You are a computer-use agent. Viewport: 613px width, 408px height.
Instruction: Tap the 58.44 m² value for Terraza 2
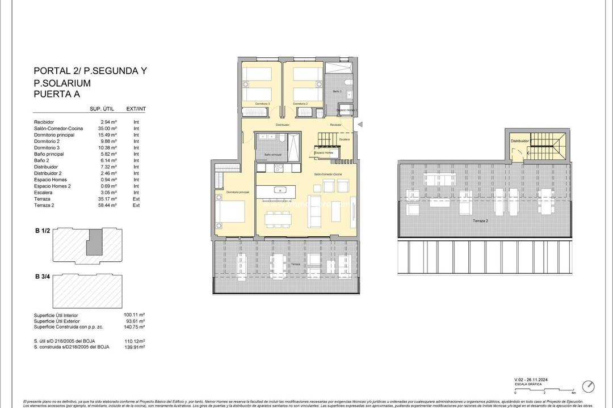(108, 205)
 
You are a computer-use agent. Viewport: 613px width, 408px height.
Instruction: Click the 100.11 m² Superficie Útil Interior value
(135, 315)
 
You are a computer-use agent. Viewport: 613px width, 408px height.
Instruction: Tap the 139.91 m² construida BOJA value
(135, 346)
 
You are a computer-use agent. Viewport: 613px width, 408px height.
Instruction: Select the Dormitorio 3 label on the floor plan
(262, 104)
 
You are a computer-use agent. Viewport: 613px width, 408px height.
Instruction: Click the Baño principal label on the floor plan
(272, 155)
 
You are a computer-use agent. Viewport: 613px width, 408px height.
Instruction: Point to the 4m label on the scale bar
(573, 392)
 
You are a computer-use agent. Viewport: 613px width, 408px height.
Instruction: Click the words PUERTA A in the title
(56, 94)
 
